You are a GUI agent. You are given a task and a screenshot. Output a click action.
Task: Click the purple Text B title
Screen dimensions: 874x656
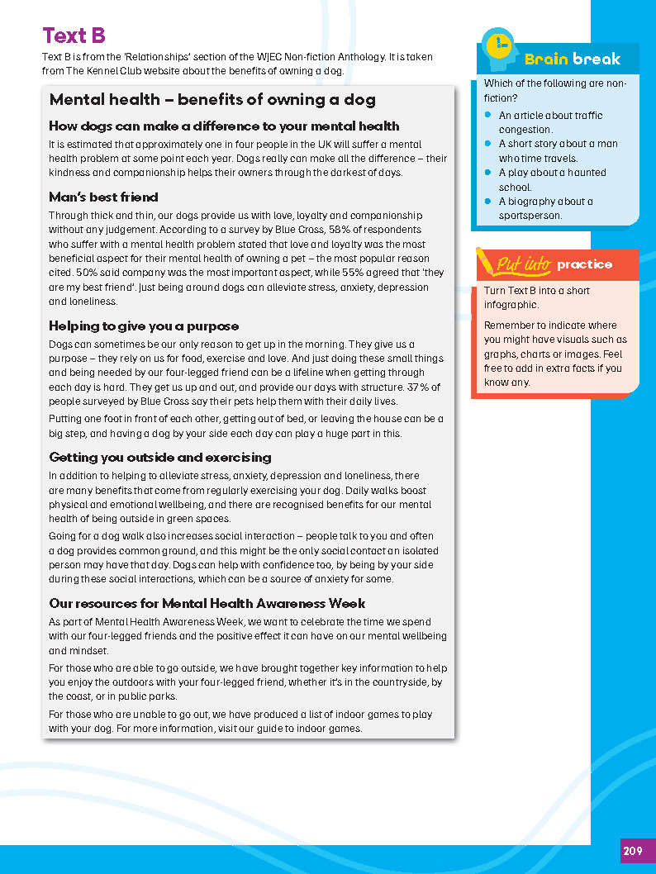pyautogui.click(x=74, y=36)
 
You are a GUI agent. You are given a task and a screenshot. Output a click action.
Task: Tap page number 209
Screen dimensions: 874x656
pyautogui.click(x=633, y=851)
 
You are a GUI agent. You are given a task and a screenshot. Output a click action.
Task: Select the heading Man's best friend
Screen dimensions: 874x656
pyautogui.click(x=103, y=197)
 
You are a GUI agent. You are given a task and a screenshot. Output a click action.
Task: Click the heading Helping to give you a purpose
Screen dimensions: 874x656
pyautogui.click(x=144, y=326)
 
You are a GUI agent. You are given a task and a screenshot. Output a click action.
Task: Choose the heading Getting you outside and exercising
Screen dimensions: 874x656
pyautogui.click(x=159, y=458)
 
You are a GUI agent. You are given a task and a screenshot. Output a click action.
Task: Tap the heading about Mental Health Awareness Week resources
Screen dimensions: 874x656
pyautogui.click(x=207, y=604)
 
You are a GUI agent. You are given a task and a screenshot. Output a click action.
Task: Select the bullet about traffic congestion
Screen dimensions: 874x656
pyautogui.click(x=550, y=122)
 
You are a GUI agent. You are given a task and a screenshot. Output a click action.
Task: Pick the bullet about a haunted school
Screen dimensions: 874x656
pyautogui.click(x=552, y=179)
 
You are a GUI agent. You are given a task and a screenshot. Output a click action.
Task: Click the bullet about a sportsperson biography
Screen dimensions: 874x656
pyautogui.click(x=545, y=208)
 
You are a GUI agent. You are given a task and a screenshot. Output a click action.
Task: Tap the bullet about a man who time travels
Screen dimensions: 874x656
pyautogui.click(x=558, y=150)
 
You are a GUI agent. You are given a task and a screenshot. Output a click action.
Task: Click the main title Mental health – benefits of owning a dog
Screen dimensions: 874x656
pyautogui.click(x=212, y=100)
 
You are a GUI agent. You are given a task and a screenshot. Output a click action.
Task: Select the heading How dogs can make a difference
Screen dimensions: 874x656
pyautogui.click(x=224, y=126)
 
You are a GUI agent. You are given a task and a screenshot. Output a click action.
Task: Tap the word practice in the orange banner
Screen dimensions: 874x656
pyautogui.click(x=584, y=264)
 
